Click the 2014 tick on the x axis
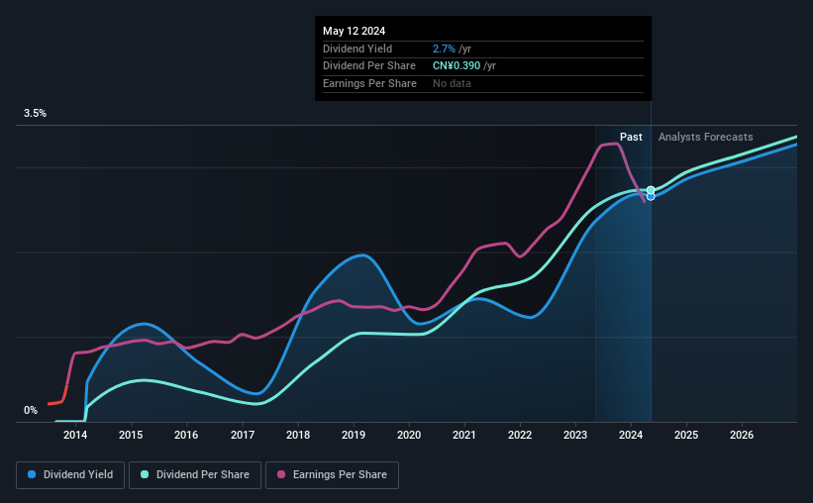pyautogui.click(x=74, y=435)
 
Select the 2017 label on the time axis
pyautogui.click(x=243, y=435)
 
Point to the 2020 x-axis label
pyautogui.click(x=409, y=435)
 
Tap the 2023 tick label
pyautogui.click(x=576, y=435)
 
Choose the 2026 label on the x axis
pyautogui.click(x=743, y=435)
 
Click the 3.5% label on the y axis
pyautogui.click(x=36, y=114)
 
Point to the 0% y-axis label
pyautogui.click(x=31, y=410)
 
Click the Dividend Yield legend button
pyautogui.click(x=70, y=475)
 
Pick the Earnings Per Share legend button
pyautogui.click(x=332, y=475)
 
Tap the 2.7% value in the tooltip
pyautogui.click(x=445, y=49)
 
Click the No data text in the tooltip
pyautogui.click(x=452, y=83)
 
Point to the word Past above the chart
pyautogui.click(x=631, y=137)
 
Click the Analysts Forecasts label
pyautogui.click(x=705, y=137)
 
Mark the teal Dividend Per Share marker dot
pyautogui.click(x=651, y=190)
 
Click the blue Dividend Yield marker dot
pyautogui.click(x=651, y=196)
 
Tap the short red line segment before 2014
pyautogui.click(x=54, y=403)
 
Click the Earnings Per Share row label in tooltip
pyautogui.click(x=369, y=83)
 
